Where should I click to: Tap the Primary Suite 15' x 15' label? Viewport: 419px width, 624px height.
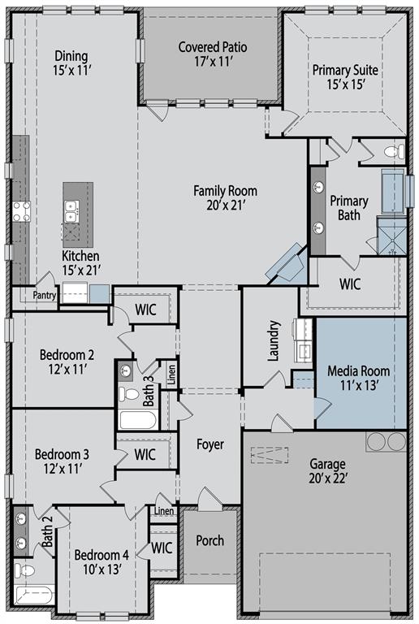tap(345, 77)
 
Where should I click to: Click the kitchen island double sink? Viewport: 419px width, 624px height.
tap(71, 211)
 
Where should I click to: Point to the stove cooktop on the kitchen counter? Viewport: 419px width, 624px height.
tap(21, 211)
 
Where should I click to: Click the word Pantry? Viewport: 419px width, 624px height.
tap(44, 295)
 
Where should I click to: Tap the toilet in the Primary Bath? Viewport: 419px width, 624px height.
tap(395, 152)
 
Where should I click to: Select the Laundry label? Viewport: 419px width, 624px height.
tap(274, 340)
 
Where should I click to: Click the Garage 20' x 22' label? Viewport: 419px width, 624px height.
tap(328, 470)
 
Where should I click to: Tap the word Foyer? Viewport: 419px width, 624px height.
tap(209, 444)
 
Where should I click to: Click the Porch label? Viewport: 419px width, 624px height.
tap(209, 540)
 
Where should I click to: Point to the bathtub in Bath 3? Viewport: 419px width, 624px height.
tap(138, 420)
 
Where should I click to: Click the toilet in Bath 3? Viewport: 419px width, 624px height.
tap(128, 394)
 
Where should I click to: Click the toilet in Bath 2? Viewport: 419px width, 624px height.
tap(24, 570)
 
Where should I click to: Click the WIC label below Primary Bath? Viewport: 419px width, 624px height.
tap(350, 284)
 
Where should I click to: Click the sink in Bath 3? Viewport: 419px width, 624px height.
tap(126, 371)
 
